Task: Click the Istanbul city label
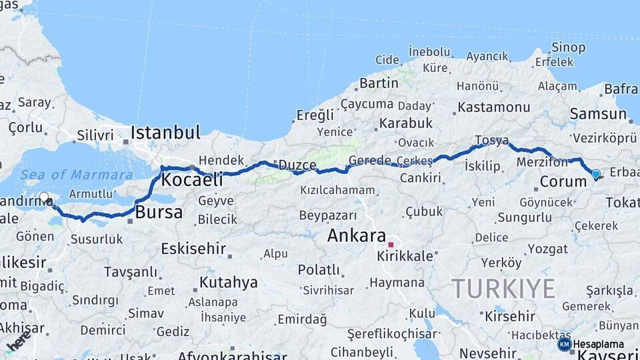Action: [165, 132]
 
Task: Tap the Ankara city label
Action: [356, 235]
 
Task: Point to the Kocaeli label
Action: [192, 179]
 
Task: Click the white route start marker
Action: [44, 197]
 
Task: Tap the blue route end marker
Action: [595, 174]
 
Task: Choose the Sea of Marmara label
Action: [76, 175]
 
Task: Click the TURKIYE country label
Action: [503, 289]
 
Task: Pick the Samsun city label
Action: [598, 114]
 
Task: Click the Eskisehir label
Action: [193, 249]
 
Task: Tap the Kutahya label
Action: [228, 282]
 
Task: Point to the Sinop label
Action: [568, 48]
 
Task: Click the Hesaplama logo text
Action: [598, 344]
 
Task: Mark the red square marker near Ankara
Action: [391, 245]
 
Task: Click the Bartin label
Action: [379, 83]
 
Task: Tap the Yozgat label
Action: [547, 249]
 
